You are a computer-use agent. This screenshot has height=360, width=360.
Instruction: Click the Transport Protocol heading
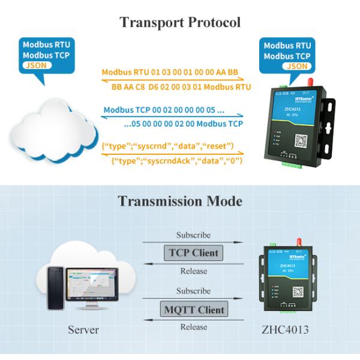point(180,22)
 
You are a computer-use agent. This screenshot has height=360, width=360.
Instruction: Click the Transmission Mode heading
point(180,200)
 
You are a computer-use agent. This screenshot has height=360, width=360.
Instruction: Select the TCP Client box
point(193,253)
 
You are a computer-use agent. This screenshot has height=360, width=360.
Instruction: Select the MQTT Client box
point(193,310)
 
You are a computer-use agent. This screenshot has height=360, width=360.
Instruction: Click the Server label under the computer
point(83,330)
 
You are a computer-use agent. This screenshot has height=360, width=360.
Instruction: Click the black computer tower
point(56,286)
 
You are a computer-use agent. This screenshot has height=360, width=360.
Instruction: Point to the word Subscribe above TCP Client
point(193,235)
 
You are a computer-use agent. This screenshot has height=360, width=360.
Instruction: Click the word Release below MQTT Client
point(193,327)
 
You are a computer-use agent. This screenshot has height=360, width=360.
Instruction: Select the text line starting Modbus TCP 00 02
point(164,110)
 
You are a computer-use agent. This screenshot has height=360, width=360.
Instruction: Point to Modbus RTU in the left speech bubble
point(46,45)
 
